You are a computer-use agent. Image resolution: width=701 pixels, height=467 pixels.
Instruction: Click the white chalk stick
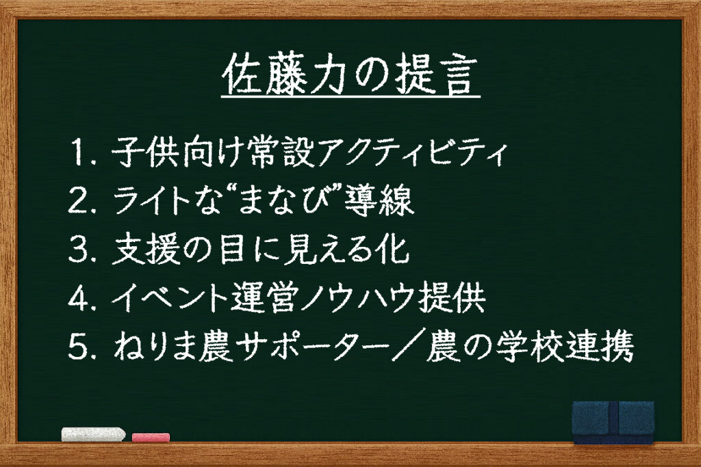[93, 434]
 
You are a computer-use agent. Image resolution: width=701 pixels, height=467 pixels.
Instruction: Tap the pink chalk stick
[151, 437]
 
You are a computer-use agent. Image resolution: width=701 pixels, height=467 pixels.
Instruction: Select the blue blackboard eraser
[613, 421]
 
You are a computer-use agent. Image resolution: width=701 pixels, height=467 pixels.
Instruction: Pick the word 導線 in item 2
[379, 200]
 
